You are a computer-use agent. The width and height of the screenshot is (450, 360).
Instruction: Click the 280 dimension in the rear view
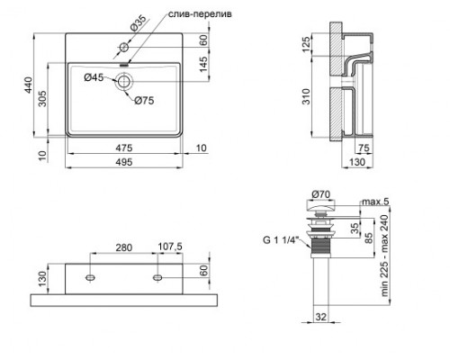click(x=123, y=247)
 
